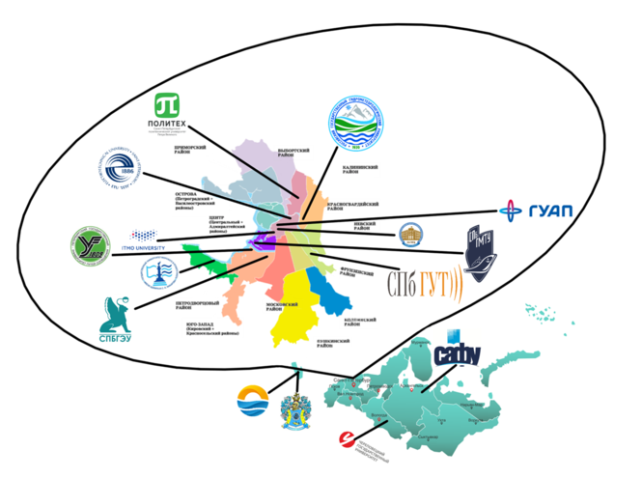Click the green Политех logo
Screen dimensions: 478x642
point(171,114)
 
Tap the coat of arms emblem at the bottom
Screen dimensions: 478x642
point(294,409)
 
